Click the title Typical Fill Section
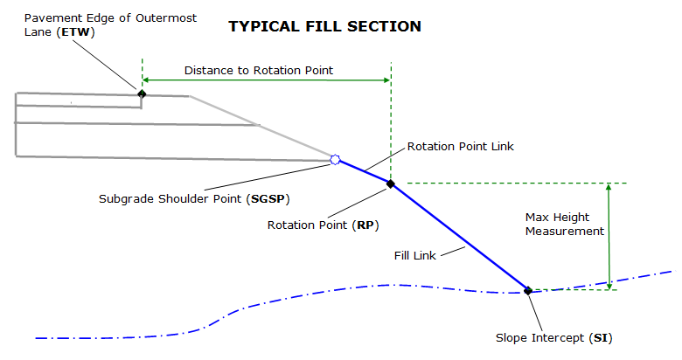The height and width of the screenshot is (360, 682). [325, 26]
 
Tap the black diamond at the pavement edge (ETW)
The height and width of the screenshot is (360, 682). [142, 93]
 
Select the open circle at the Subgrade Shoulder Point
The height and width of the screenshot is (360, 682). [335, 160]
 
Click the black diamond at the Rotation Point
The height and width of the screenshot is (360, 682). [391, 183]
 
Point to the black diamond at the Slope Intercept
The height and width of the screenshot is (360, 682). [528, 290]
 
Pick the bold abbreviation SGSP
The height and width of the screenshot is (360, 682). [268, 199]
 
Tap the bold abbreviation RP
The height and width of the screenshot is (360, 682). [365, 225]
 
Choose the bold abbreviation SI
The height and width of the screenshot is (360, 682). [601, 338]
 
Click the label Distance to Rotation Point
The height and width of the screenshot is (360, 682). [259, 71]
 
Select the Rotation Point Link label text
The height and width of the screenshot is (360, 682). [461, 147]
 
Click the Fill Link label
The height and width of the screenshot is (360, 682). [415, 256]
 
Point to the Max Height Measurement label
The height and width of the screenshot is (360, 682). [565, 224]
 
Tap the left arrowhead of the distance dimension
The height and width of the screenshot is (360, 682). [145, 80]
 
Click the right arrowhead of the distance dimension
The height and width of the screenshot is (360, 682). [386, 80]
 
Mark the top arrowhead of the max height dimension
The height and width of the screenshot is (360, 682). [609, 186]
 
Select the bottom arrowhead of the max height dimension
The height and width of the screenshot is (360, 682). [609, 286]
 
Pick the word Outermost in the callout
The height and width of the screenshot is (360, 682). [166, 18]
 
